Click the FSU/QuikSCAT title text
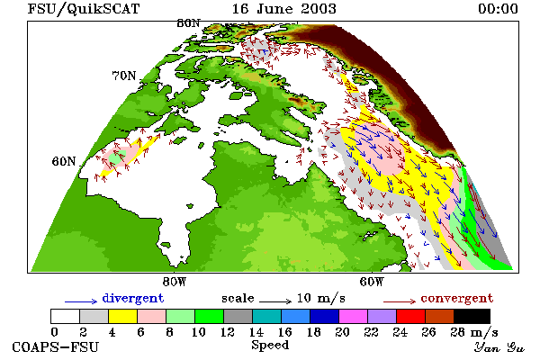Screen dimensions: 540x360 84,9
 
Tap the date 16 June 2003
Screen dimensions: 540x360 284,9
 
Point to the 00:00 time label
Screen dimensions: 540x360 498,9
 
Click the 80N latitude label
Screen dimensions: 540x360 188,23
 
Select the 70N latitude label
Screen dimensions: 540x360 124,76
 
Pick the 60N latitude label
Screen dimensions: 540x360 64,161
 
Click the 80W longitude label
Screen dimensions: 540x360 175,282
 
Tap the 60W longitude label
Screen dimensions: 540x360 372,282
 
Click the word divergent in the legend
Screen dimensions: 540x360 133,298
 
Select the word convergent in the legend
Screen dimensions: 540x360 457,298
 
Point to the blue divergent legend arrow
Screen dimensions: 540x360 81,301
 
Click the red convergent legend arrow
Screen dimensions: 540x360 400,301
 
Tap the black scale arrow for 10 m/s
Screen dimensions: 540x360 275,301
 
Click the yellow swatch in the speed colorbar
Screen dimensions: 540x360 123,316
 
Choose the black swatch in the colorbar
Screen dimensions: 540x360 472,316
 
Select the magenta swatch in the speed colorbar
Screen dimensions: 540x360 354,316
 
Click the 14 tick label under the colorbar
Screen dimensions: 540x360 256,332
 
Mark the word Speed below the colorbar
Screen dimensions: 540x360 270,346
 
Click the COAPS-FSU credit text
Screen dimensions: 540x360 56,346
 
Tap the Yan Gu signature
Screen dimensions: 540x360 499,347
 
